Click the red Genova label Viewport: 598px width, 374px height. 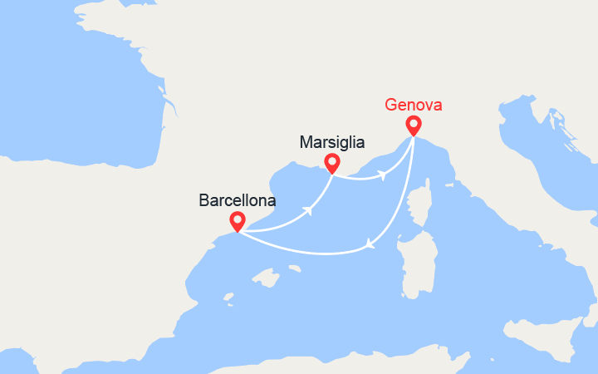[x=414, y=106]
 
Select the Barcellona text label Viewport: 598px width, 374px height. [x=237, y=200]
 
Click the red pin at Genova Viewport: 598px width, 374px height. [x=413, y=125]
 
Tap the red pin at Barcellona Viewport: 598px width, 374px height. [x=237, y=220]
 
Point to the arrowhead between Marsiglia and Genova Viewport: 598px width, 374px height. [x=381, y=175]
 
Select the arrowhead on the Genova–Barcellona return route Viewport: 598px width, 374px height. [x=370, y=245]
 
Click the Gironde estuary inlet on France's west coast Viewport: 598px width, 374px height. [x=170, y=108]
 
